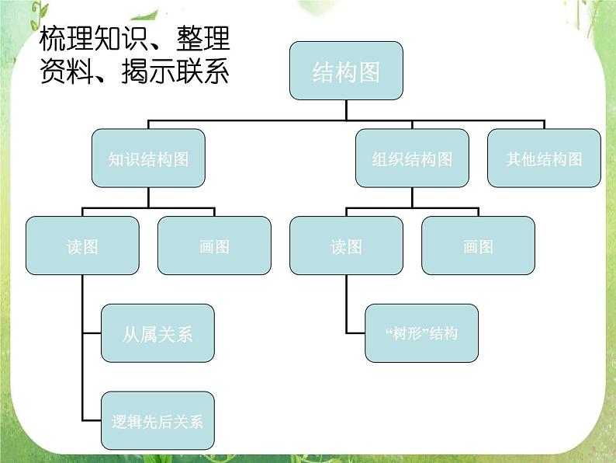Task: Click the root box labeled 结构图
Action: (346, 71)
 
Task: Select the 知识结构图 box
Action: (148, 158)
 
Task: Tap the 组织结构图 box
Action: (412, 158)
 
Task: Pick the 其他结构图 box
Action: (544, 158)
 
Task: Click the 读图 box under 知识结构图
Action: (82, 246)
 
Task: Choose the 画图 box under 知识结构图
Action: (214, 246)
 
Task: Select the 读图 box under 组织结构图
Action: (346, 246)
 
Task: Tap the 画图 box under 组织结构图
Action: (478, 246)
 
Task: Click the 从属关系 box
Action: (157, 333)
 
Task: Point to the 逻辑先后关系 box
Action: (157, 421)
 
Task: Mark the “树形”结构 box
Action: (421, 333)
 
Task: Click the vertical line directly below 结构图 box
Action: (346, 110)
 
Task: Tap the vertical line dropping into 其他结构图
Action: (544, 124)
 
